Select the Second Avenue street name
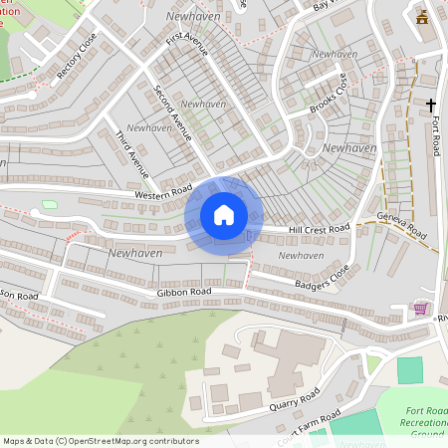click(x=172, y=112)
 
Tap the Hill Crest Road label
click(x=319, y=228)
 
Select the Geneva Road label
click(x=399, y=228)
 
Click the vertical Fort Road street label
click(x=436, y=133)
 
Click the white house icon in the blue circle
click(x=224, y=215)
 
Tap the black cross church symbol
click(x=432, y=105)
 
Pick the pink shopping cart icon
click(x=420, y=309)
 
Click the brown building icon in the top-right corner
click(x=423, y=17)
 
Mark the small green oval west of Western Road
click(x=50, y=204)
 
